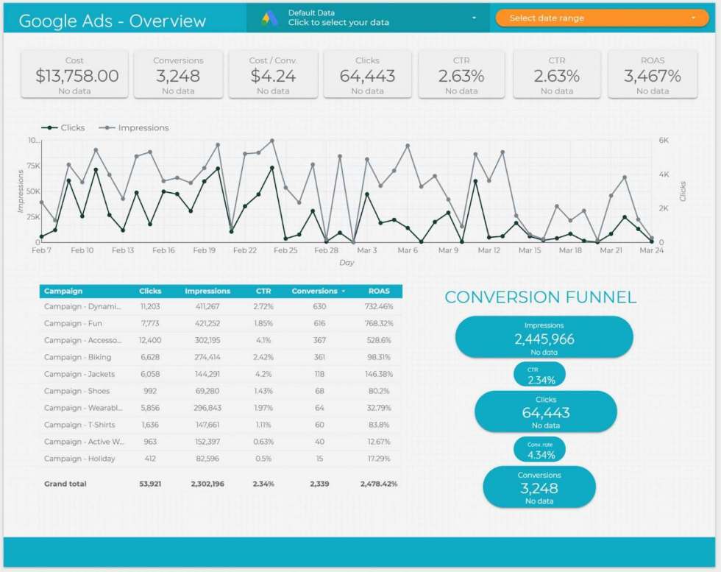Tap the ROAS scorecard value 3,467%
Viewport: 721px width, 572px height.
point(652,76)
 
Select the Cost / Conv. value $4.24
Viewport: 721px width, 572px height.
point(273,76)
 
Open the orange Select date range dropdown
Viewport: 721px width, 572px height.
point(603,18)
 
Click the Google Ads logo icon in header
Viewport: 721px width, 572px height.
point(270,18)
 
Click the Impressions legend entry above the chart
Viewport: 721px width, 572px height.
point(138,127)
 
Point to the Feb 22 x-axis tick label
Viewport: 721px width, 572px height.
point(245,250)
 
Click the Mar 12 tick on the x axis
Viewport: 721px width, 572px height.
point(489,250)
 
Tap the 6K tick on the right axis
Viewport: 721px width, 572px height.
point(664,140)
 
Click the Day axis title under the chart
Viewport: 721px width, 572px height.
point(347,263)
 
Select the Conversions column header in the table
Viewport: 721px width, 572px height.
point(315,291)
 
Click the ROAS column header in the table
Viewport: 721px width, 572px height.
point(379,291)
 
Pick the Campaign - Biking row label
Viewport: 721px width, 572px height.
point(78,357)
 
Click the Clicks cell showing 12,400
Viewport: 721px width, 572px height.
point(149,340)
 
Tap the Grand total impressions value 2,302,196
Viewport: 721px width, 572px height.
point(207,484)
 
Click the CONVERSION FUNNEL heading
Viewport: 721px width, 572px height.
point(541,297)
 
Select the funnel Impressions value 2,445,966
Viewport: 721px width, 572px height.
point(544,339)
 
